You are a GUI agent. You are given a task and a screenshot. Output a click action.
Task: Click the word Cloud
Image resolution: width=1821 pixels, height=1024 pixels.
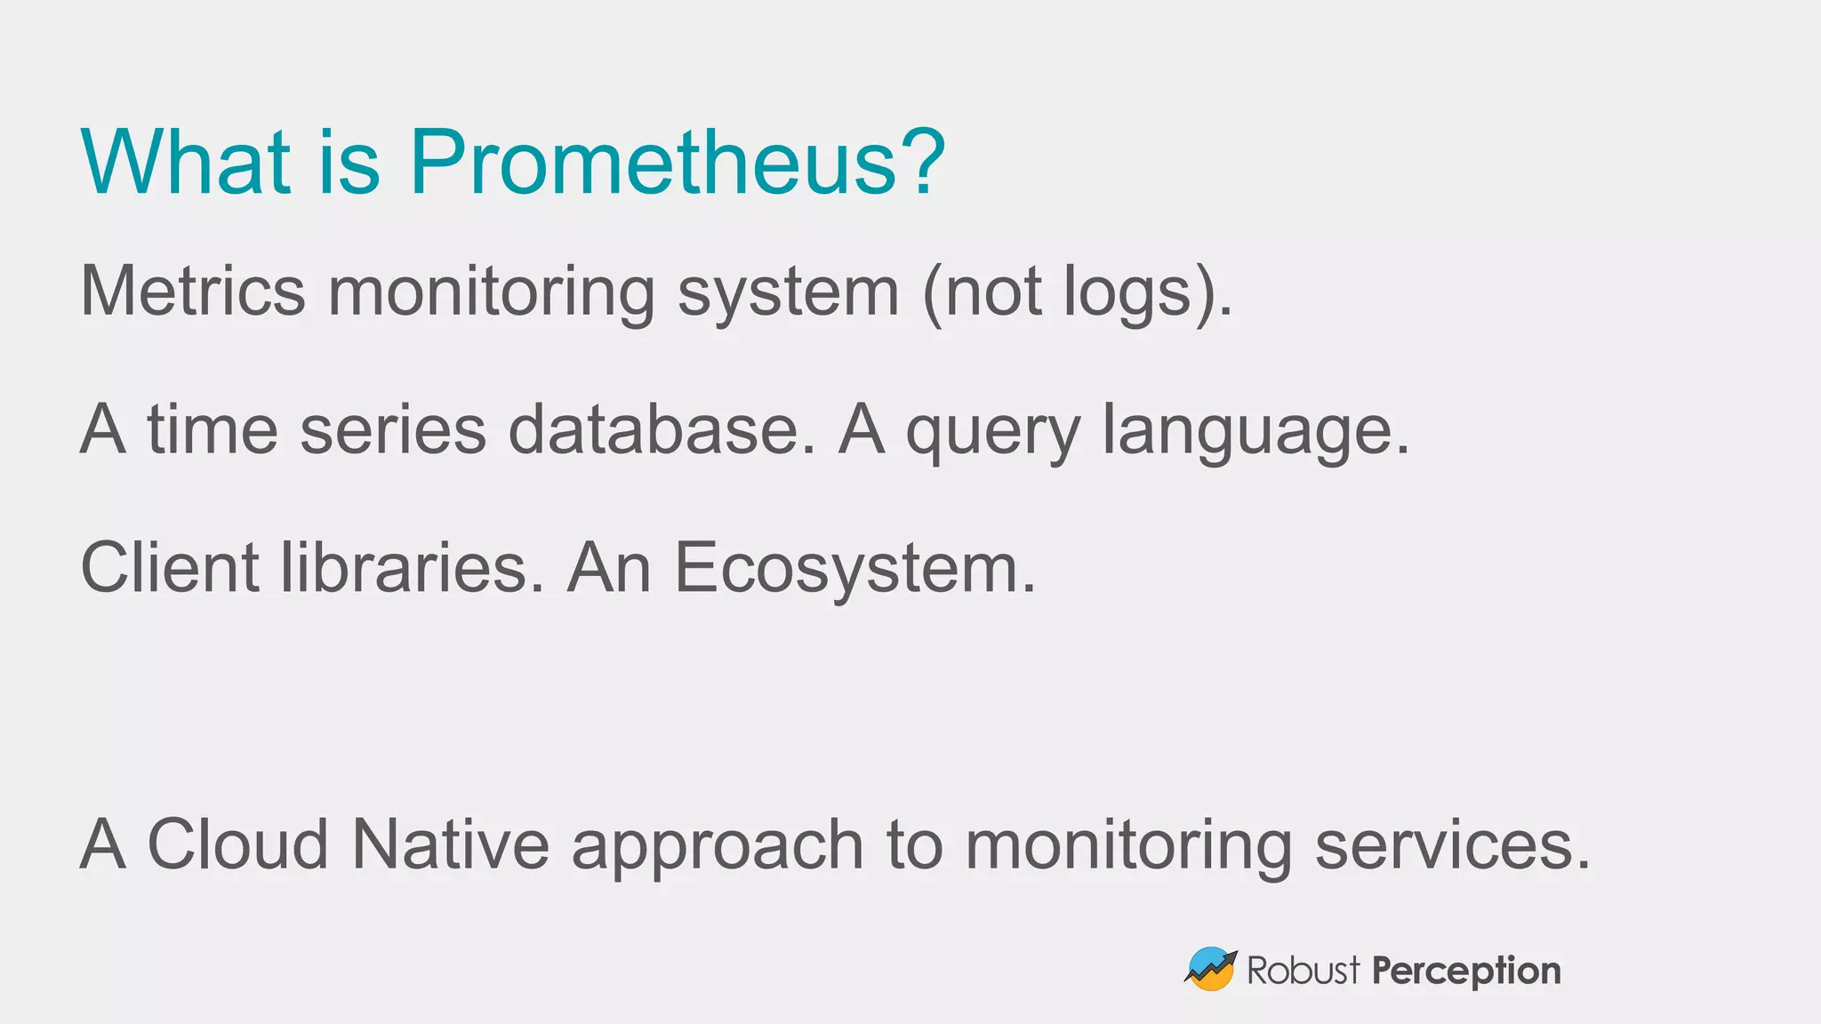[237, 844]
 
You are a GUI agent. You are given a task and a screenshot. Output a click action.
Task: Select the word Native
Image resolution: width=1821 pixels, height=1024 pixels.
[450, 844]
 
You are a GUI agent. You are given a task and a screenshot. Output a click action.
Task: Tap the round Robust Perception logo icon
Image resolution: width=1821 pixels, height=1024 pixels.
[1210, 969]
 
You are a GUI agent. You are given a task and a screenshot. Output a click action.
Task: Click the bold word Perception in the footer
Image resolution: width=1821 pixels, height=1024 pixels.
[1465, 971]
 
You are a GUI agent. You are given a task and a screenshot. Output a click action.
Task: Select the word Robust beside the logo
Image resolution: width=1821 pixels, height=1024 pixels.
[1303, 971]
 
